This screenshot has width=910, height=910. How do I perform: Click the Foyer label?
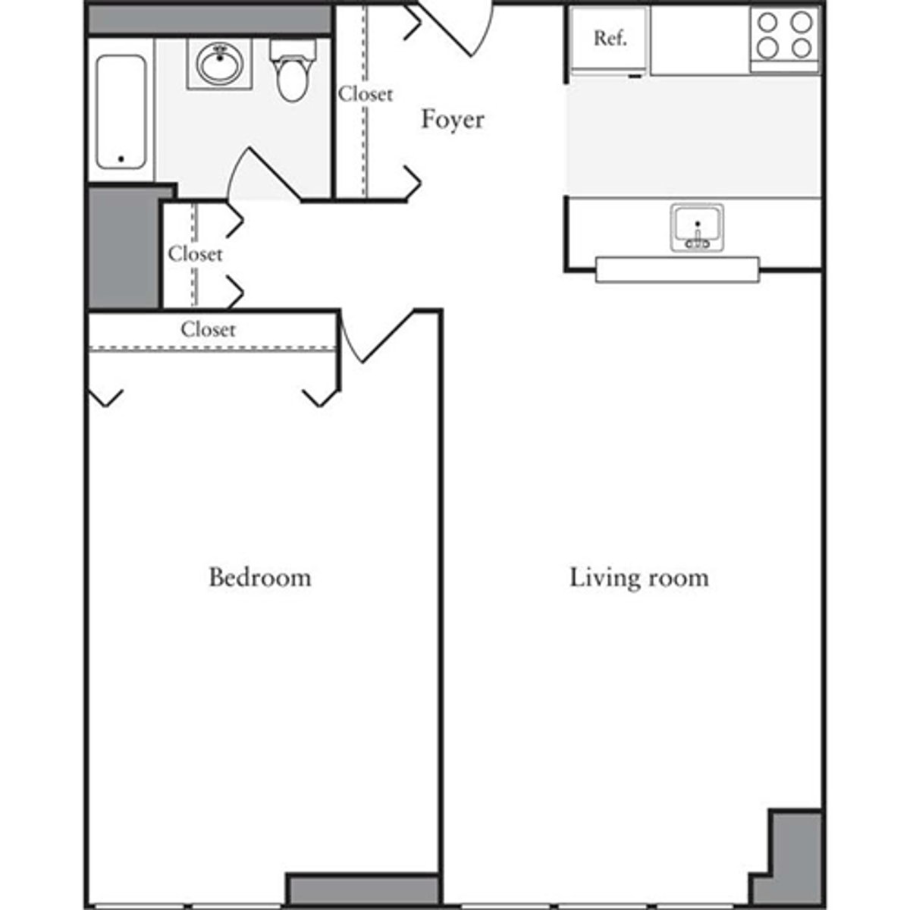coord(453,120)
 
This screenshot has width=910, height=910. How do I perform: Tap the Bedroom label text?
coord(259,577)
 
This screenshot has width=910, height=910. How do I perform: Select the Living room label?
coord(639,578)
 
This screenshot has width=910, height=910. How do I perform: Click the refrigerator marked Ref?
coord(609,39)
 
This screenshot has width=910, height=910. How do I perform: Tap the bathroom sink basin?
coord(220,62)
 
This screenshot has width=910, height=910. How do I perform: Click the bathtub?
coord(121,111)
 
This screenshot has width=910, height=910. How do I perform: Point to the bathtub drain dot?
coord(121,159)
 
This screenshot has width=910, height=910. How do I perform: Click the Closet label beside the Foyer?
coord(366,94)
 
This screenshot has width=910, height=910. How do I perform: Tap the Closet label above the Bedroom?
coord(208,329)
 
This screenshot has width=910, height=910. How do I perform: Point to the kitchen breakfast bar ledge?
coord(676,270)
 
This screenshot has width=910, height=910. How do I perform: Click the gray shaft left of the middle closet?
coord(124,246)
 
